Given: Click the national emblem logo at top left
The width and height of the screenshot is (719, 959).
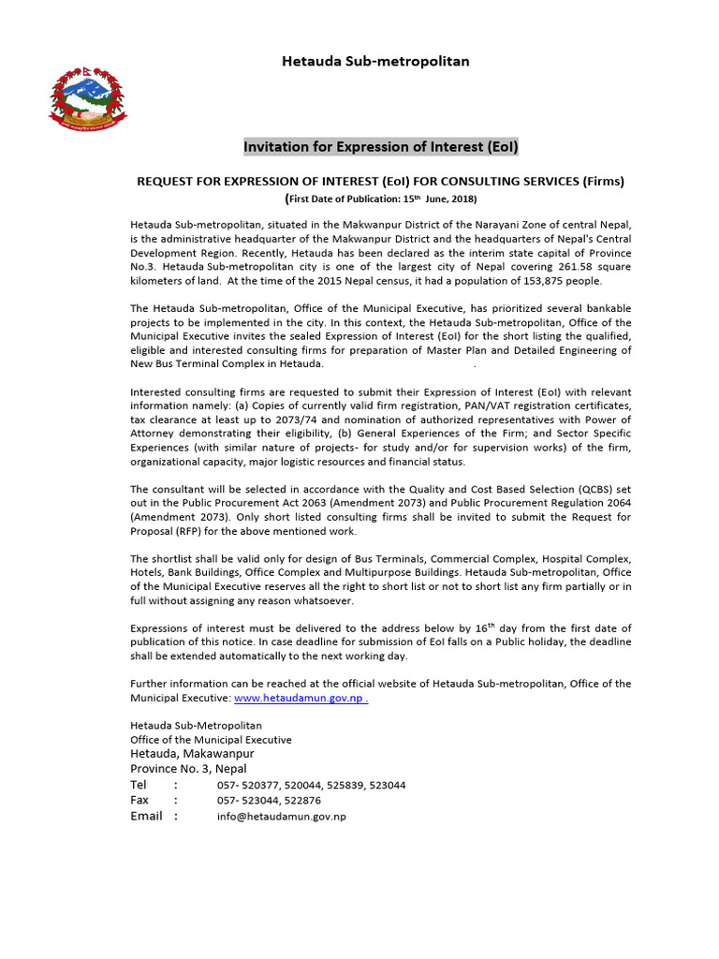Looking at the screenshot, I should (85, 96).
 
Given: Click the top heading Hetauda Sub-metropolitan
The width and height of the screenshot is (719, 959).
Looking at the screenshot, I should (375, 61).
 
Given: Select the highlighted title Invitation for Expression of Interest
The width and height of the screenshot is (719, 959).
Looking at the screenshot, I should (380, 147).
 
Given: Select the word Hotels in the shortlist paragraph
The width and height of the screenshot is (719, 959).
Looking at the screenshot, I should (146, 572).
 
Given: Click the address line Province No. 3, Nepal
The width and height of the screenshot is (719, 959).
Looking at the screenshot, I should (188, 769).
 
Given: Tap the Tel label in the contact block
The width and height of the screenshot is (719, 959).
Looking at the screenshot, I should (139, 785).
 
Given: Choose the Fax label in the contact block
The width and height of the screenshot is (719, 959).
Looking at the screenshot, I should (139, 801).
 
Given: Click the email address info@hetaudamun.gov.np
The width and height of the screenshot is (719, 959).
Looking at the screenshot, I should (282, 817).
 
